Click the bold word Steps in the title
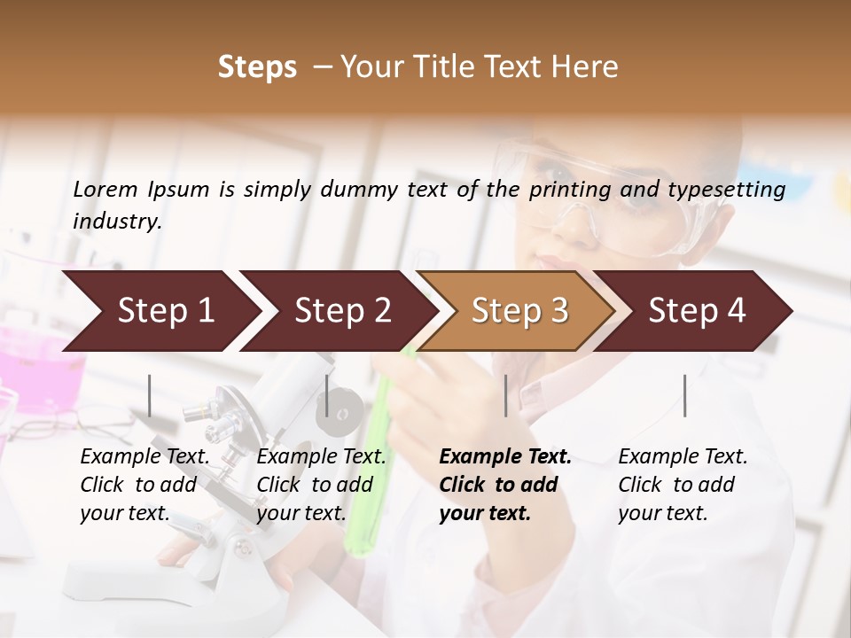pos(257,67)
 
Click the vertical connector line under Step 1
pos(150,395)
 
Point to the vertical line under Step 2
pos(327,395)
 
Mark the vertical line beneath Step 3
pos(506,395)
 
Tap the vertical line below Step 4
pos(684,395)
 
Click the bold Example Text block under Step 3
pos(505,485)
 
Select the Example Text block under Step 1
pos(144,485)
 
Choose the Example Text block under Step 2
pos(321,485)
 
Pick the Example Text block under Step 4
pos(683,485)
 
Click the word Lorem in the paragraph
pos(105,189)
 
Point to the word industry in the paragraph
pos(116,221)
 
